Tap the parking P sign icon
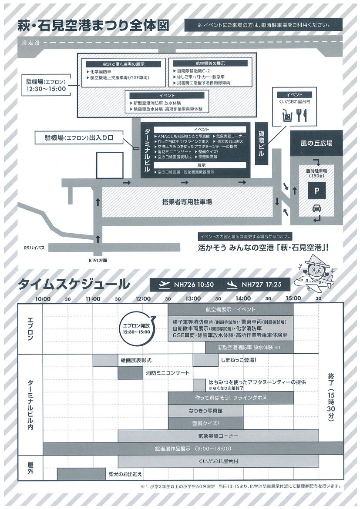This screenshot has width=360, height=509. tap(316, 191)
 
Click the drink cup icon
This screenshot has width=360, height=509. tap(286, 116)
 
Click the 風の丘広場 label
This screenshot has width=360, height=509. tap(316, 143)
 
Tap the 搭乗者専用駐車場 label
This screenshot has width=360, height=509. tap(187, 202)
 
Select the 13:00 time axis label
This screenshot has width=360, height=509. tap(193, 298)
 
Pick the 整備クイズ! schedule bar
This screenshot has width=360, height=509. tap(205, 423)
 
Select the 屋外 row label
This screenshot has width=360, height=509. tap(30, 468)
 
